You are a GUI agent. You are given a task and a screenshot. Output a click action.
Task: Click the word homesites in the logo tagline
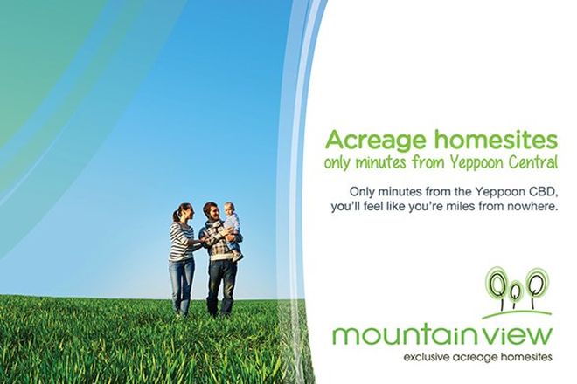tap(524, 357)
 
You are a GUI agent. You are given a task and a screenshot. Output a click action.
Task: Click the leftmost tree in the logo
tap(497, 285)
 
